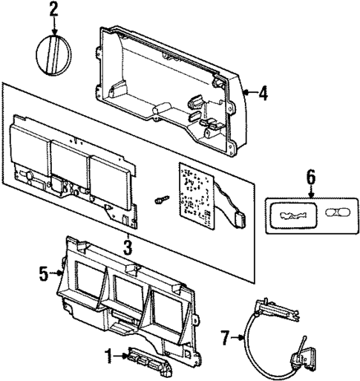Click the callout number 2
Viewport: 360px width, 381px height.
[53, 10]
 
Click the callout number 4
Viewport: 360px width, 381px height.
[262, 93]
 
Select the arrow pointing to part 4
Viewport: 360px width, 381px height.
[249, 93]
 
